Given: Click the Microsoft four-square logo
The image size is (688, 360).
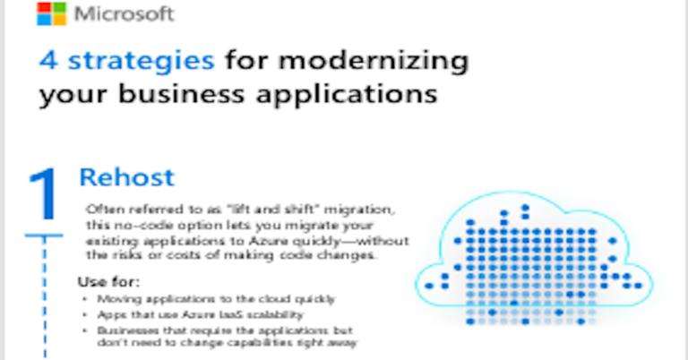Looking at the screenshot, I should coord(51,15).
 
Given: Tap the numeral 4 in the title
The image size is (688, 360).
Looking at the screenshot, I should coord(47,62).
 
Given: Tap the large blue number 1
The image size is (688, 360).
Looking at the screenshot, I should coord(43,193).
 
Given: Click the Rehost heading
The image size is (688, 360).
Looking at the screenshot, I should coord(126,177).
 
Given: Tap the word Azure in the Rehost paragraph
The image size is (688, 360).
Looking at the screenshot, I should coord(269,242).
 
